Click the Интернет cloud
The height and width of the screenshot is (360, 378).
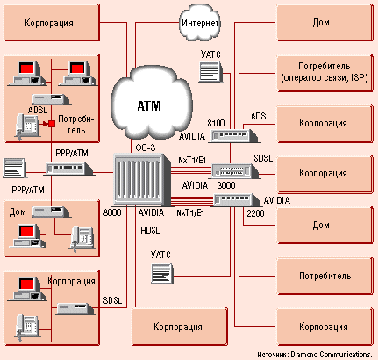coord(200,22)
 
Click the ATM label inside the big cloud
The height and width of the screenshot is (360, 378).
coord(149,106)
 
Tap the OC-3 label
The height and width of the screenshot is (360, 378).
coord(146,148)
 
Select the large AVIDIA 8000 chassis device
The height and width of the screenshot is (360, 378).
coord(143,178)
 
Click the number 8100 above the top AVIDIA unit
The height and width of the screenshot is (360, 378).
coord(216,123)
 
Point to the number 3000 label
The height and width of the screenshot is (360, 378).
coord(226,185)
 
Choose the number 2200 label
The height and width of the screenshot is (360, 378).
coord(255,213)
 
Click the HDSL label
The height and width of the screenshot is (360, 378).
coord(150,231)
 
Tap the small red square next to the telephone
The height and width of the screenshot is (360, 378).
coord(52,124)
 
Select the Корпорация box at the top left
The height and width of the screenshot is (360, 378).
coord(52,23)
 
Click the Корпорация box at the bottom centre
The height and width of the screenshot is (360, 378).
coord(180,327)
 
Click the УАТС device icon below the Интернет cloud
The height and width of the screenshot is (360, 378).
coord(210,72)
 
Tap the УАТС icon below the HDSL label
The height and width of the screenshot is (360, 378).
coord(162,274)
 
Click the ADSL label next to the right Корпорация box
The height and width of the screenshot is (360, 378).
coord(260,116)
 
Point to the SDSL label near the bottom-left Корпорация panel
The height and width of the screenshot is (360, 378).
coord(112,300)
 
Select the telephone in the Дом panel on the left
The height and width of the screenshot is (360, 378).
coord(82,239)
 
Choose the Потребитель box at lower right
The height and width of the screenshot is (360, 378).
coord(325,276)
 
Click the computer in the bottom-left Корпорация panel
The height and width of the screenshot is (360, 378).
coord(27,289)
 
